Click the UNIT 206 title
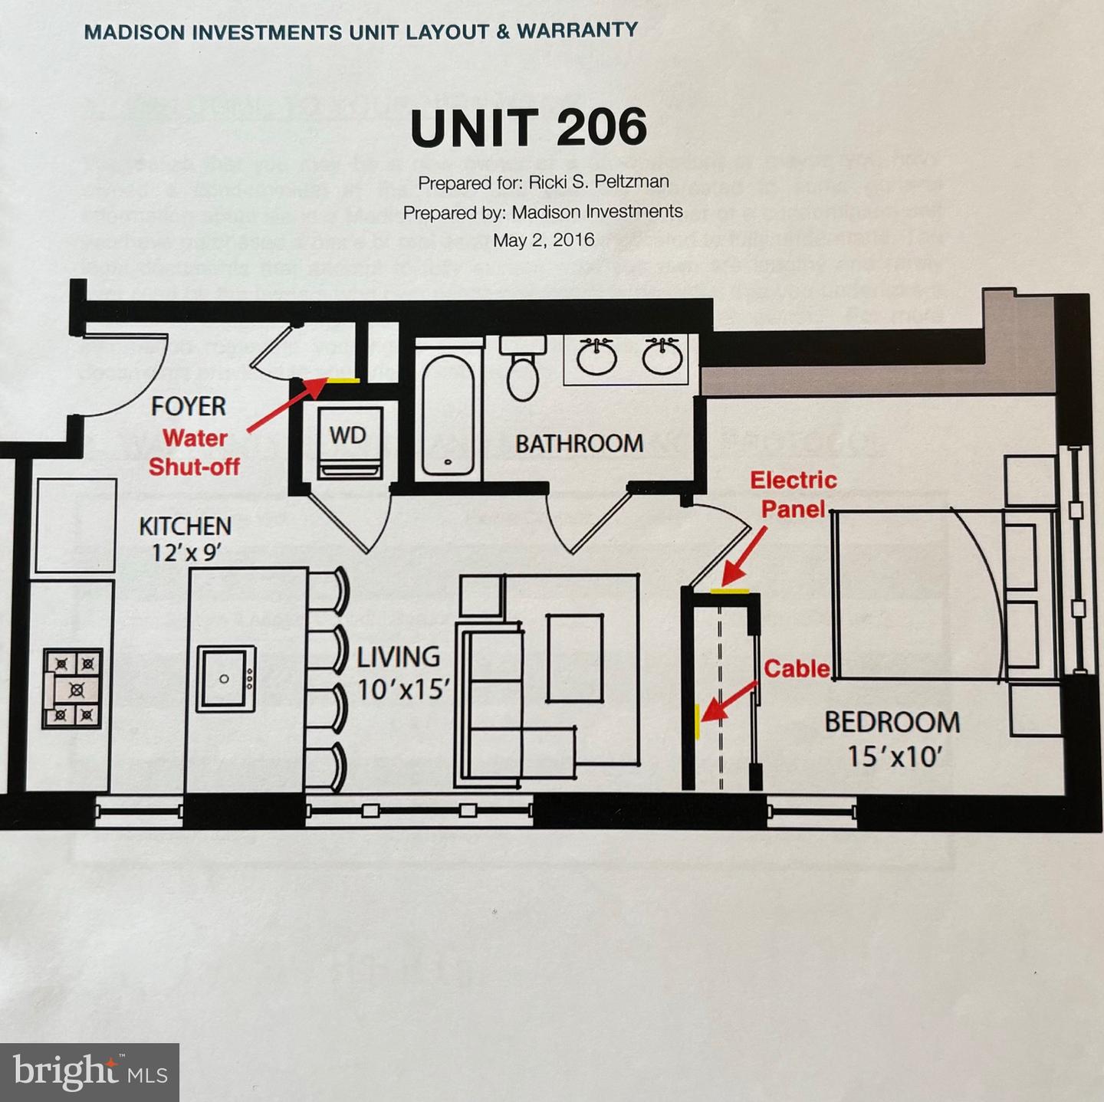(x=528, y=127)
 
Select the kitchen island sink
(x=225, y=679)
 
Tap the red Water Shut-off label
(x=194, y=452)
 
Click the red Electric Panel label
(x=793, y=494)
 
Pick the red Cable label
(x=797, y=668)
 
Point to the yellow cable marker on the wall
(x=697, y=722)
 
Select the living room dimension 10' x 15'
(x=402, y=690)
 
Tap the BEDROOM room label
(x=892, y=722)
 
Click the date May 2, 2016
(x=544, y=240)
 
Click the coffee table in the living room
(x=575, y=658)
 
